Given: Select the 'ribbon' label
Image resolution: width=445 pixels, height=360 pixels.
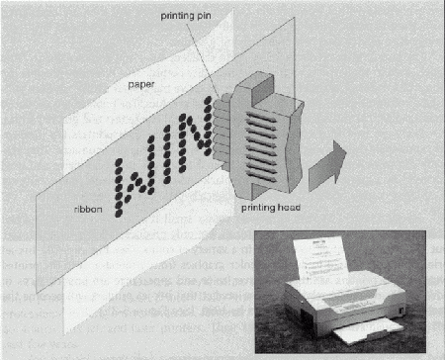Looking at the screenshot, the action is coord(88,210).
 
